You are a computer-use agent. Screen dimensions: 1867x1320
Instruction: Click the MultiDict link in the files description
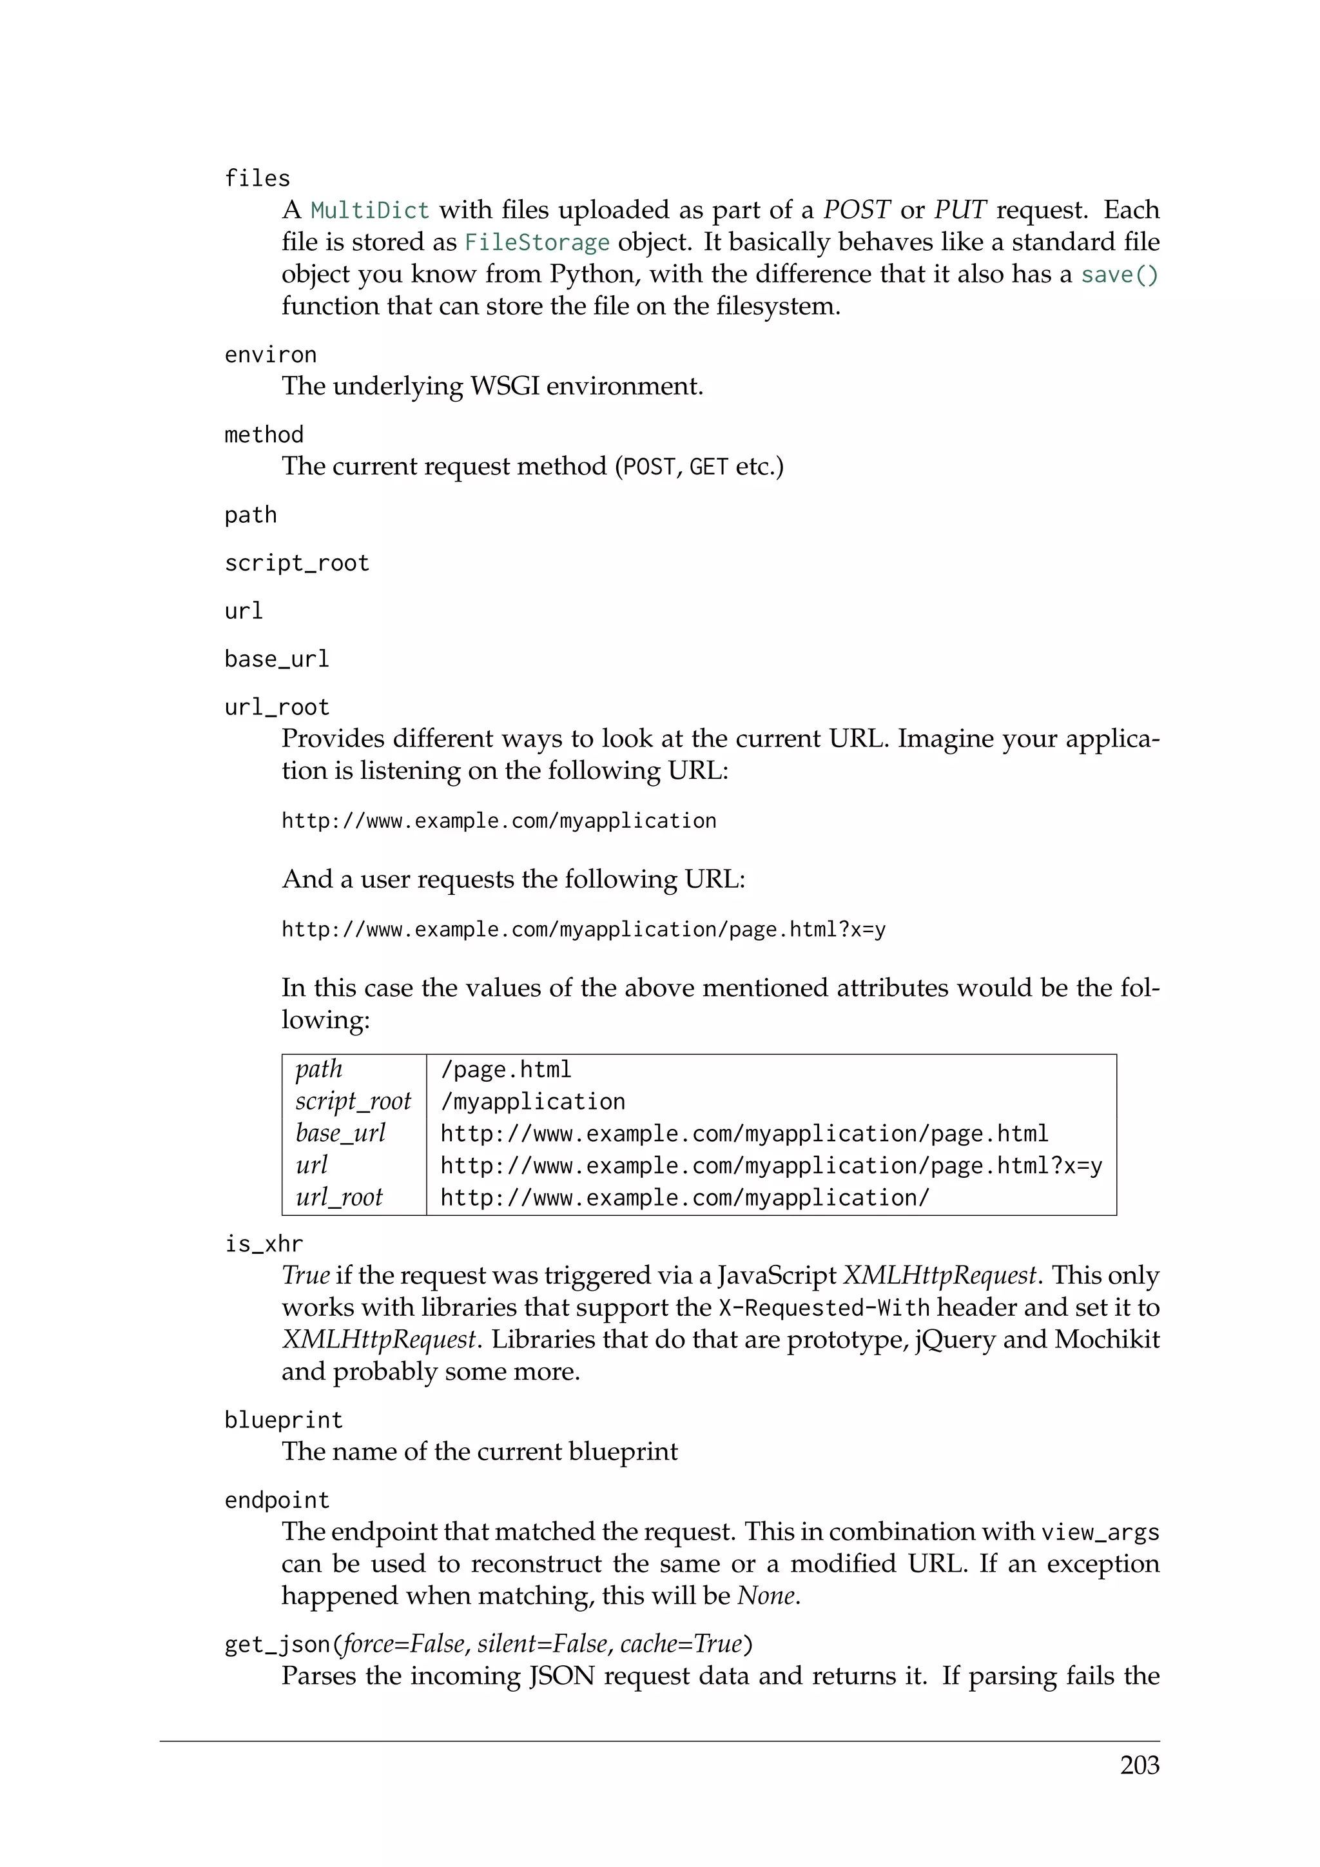(x=370, y=211)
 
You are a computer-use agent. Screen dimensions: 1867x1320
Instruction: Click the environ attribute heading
(x=270, y=355)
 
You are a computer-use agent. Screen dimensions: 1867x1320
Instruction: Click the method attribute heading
(x=264, y=435)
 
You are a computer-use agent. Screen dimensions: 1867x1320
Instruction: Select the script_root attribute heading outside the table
(x=296, y=563)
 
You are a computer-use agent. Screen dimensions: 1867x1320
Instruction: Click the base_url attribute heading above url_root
(x=277, y=659)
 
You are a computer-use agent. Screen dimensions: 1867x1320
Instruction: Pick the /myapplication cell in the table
(x=532, y=1102)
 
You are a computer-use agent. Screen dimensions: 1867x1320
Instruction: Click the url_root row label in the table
(x=339, y=1198)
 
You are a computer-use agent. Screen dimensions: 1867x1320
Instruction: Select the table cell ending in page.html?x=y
(x=771, y=1166)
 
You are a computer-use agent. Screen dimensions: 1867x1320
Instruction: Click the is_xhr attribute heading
(x=264, y=1244)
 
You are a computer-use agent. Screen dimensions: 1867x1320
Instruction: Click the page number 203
(x=1139, y=1765)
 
